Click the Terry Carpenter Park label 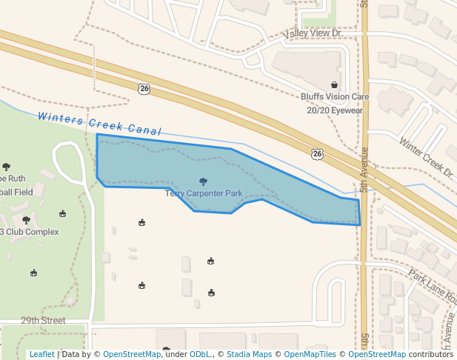click(204, 193)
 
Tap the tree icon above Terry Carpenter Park click(203, 181)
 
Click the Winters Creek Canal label click(99, 123)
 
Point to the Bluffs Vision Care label click(335, 97)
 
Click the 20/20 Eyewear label click(335, 110)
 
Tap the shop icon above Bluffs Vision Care click(335, 84)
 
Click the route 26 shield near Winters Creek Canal click(144, 89)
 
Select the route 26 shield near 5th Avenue click(317, 153)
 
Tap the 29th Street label click(43, 321)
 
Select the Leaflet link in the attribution click(41, 354)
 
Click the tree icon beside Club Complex click(27, 220)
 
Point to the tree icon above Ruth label click(7, 167)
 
